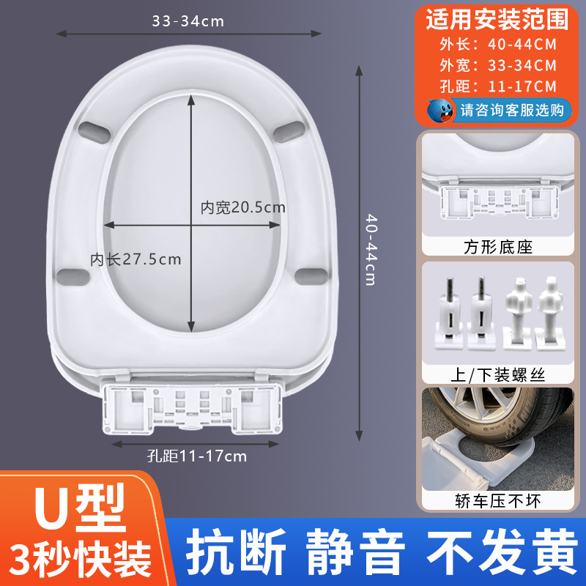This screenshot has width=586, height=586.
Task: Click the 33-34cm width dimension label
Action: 188,21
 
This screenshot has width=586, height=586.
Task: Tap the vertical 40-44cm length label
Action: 371,250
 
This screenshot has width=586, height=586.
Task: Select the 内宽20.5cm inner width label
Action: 243,208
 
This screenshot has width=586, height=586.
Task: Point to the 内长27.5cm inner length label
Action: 136,259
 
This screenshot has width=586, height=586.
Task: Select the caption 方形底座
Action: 497,247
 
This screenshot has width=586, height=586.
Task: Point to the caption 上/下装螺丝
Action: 497,374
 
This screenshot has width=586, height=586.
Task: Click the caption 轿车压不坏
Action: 497,500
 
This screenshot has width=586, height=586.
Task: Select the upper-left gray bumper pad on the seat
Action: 92,130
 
